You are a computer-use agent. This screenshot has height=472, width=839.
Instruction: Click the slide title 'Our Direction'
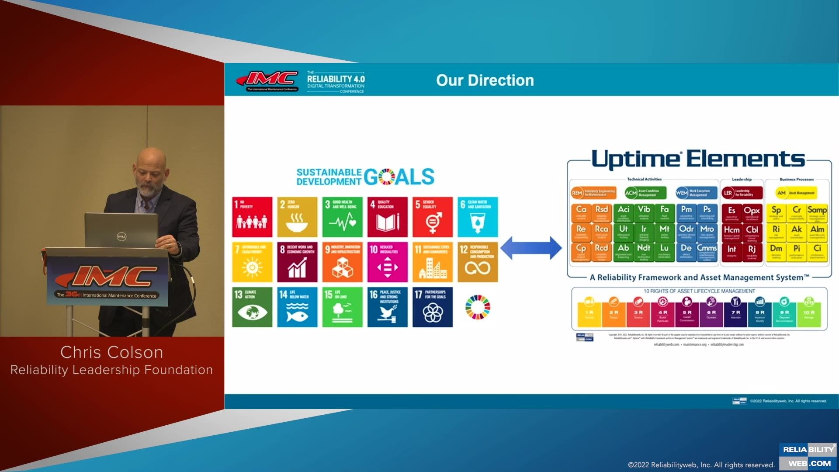pyautogui.click(x=485, y=80)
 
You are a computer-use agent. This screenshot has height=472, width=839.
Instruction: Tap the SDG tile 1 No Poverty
pyautogui.click(x=252, y=217)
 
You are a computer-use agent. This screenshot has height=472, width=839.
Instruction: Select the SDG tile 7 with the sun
pyautogui.click(x=252, y=262)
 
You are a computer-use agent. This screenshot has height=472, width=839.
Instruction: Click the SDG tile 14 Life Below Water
pyautogui.click(x=297, y=307)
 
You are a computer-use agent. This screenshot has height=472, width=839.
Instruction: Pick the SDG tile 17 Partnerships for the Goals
pyautogui.click(x=433, y=307)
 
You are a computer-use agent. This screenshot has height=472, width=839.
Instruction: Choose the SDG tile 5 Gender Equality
pyautogui.click(x=433, y=217)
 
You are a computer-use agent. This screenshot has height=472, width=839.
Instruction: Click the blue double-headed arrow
pyautogui.click(x=530, y=248)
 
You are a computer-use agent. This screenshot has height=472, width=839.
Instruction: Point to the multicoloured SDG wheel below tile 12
pyautogui.click(x=478, y=307)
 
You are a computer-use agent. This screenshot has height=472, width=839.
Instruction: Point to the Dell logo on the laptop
pyautogui.click(x=121, y=236)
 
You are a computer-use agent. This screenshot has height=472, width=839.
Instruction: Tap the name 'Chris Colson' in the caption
pyautogui.click(x=111, y=352)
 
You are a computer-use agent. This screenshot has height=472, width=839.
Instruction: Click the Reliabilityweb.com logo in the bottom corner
pyautogui.click(x=808, y=456)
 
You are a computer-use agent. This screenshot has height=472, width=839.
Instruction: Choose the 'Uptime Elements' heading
pyautogui.click(x=698, y=159)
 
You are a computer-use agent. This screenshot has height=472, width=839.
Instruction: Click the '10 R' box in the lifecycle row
pyautogui.click(x=809, y=311)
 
